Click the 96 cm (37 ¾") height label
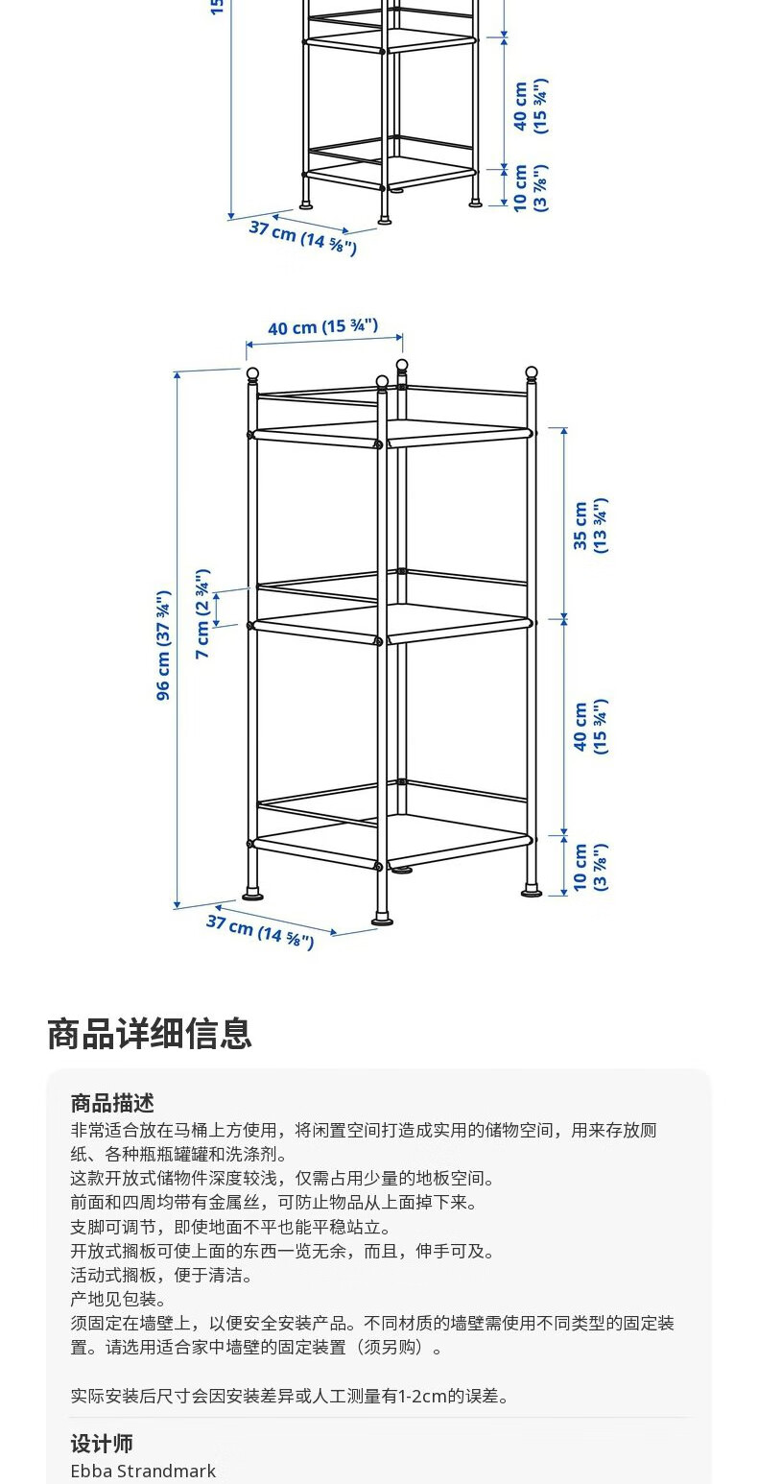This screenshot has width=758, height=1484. pos(164,645)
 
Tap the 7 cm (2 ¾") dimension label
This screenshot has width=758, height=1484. pos(202,614)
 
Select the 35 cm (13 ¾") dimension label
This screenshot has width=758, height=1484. pos(589,525)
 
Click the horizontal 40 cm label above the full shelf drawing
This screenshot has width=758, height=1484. pos(322,327)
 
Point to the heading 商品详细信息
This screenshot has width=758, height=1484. pos(150,1034)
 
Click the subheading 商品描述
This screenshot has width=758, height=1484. pos(112,1103)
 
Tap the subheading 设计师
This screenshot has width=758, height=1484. pos(102,1443)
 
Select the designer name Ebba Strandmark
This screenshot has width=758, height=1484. pos(143,1471)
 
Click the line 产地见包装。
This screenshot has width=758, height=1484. pos(119,1299)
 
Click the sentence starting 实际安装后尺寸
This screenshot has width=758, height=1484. pos(290,1396)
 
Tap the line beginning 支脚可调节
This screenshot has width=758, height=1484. pos(230,1227)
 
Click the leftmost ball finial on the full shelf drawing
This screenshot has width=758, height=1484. pos(252,373)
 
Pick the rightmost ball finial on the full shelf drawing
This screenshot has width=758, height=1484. pos(532,372)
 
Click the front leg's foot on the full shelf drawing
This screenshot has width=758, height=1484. pos(382,921)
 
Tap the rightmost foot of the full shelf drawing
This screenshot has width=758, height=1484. pos(531,892)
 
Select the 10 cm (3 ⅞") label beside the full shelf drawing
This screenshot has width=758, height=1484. pos(589,868)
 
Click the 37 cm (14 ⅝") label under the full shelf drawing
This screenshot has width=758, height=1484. pos(260,930)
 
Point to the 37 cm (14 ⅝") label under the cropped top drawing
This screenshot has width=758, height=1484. pos(303,236)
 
